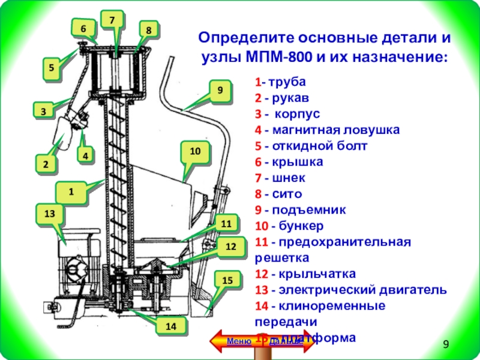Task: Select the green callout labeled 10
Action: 195,152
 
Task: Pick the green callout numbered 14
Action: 171,326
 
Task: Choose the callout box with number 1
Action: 71,192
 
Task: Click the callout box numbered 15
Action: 227,280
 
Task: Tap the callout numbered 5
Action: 53,68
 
